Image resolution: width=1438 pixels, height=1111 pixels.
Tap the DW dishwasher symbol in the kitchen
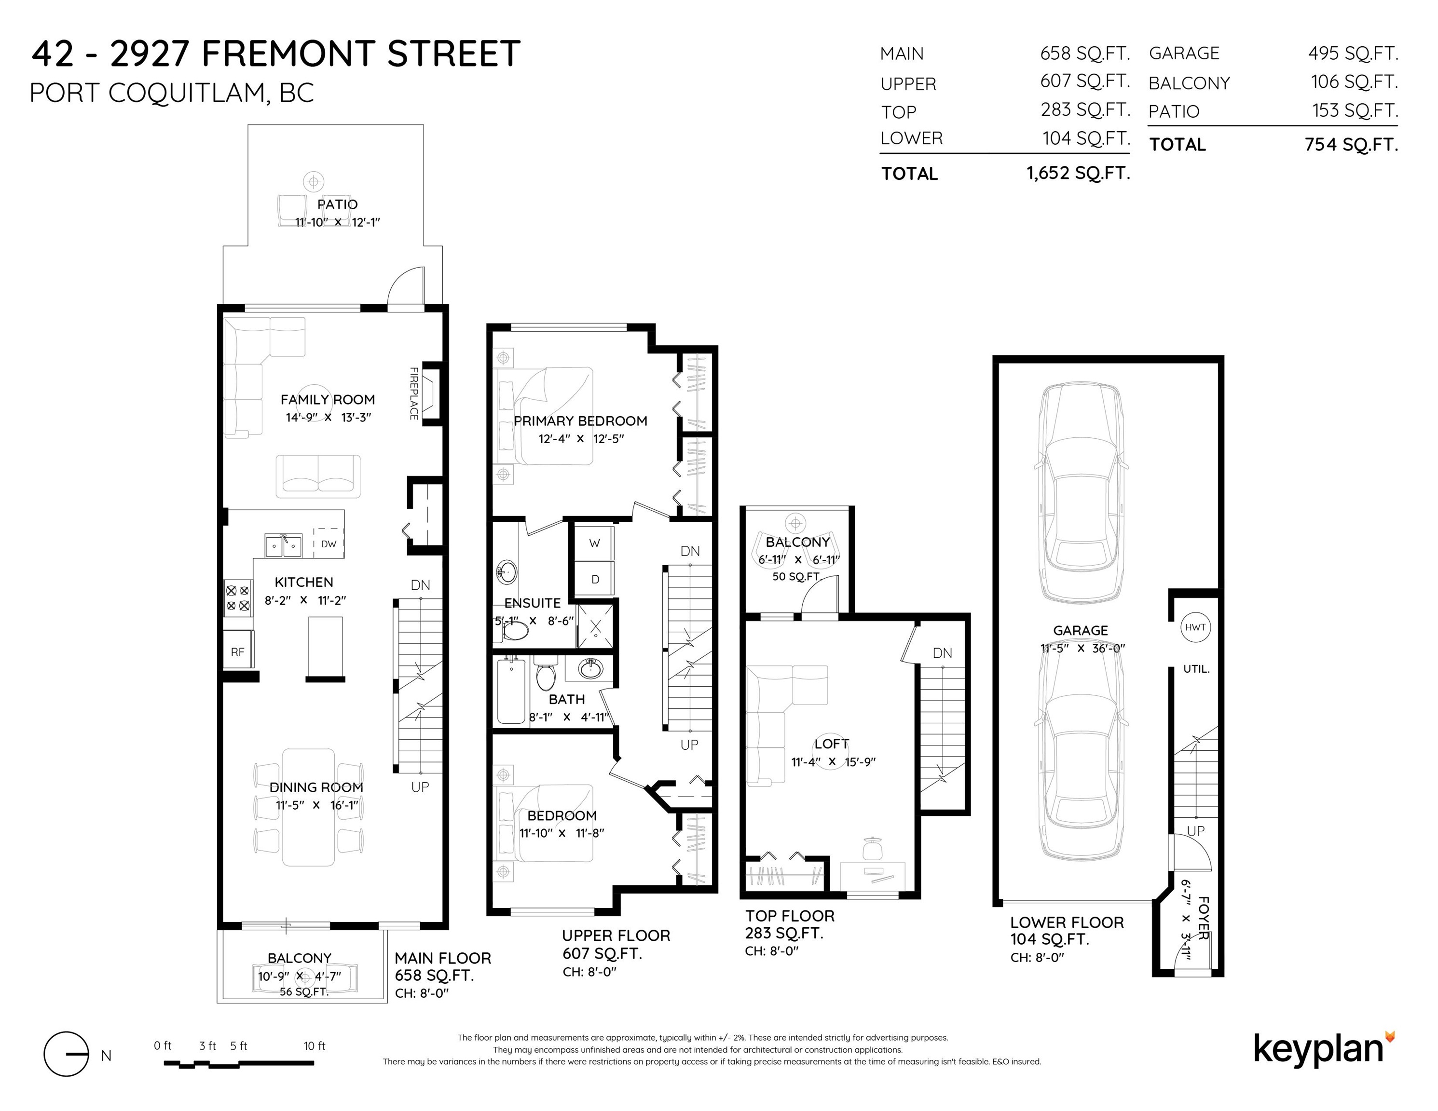[x=329, y=543]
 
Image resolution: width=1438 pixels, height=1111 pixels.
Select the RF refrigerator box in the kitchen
[x=238, y=651]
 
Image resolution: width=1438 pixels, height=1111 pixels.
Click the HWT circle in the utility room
[x=1195, y=627]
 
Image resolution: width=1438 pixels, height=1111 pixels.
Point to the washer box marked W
[x=595, y=543]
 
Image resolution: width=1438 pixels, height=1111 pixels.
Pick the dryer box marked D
[x=595, y=579]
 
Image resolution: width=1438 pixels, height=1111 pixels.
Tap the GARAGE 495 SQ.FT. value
[x=1353, y=54]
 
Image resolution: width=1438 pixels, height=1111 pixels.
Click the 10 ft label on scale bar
[x=315, y=1046]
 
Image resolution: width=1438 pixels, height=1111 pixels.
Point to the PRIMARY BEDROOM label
[x=580, y=420]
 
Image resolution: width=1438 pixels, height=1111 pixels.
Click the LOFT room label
[x=832, y=744]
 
